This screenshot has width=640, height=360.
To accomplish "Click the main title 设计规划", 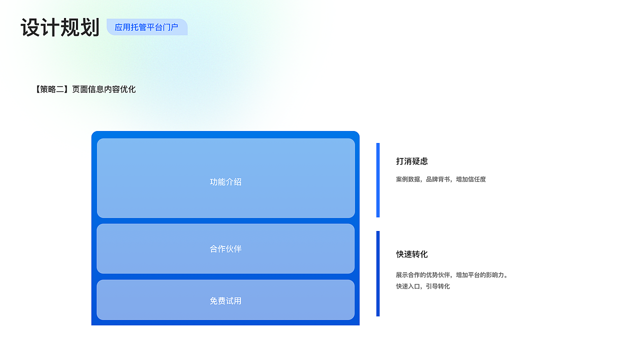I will [60, 27].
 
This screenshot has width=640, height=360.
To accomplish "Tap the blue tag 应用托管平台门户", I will [146, 27].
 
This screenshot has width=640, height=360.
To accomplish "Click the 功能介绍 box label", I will [225, 182].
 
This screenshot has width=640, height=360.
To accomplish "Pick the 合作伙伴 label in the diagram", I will [225, 248].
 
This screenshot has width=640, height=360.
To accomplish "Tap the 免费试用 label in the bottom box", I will [225, 301].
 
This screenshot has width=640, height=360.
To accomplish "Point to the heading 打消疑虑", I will [412, 161].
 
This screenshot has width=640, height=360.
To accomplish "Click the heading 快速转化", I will [412, 254].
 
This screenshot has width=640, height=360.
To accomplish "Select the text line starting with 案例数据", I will [440, 179].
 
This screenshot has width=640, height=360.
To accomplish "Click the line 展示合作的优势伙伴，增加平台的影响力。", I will [452, 275].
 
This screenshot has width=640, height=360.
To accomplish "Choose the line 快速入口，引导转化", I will [423, 286].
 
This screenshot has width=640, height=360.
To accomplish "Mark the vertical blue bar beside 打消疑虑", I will [378, 180].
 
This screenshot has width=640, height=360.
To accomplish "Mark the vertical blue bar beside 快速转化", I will [378, 273].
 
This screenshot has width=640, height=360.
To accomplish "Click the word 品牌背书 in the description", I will [438, 179].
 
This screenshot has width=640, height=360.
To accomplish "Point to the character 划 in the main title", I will [90, 27].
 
